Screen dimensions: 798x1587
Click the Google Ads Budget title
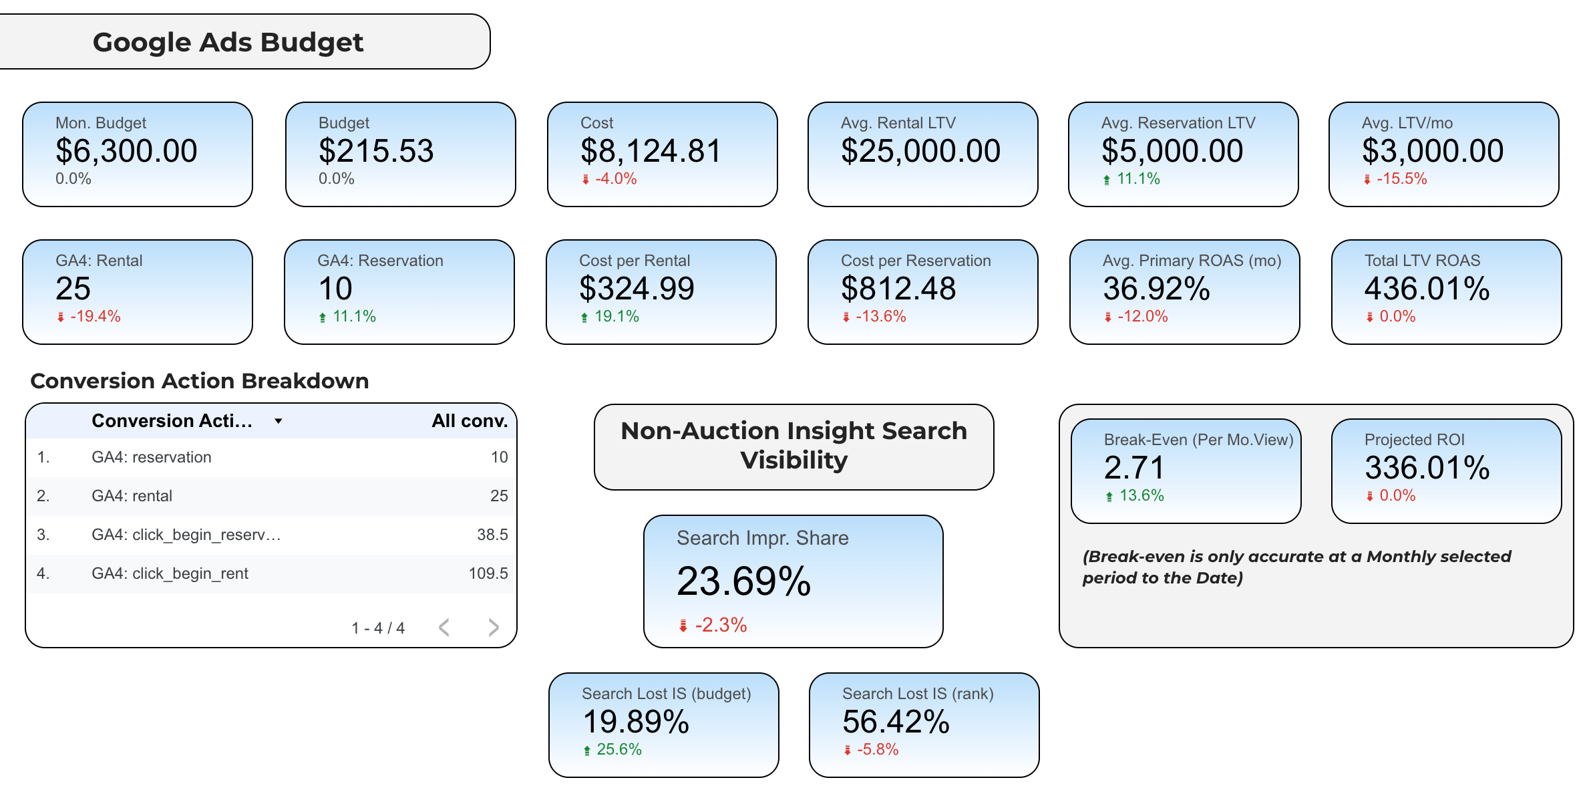(x=228, y=42)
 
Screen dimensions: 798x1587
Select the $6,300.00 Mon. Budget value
(x=126, y=151)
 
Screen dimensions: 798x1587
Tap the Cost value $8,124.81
(x=651, y=151)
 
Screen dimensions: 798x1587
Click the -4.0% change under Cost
(x=615, y=179)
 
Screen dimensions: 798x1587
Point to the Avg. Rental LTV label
(x=898, y=123)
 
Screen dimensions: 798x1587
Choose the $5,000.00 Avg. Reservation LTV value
(x=1172, y=151)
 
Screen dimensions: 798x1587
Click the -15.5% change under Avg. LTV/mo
(x=1401, y=179)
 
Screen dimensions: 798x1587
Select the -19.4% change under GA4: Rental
(x=95, y=317)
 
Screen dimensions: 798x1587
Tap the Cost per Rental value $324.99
(x=637, y=289)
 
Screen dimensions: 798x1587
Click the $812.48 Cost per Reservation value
(x=898, y=289)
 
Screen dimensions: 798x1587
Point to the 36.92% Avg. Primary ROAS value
(x=1156, y=289)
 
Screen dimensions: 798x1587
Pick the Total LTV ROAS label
(x=1422, y=261)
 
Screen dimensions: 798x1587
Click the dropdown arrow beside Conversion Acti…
(x=279, y=421)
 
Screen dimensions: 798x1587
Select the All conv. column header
(x=469, y=421)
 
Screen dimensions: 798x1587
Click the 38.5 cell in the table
(x=492, y=535)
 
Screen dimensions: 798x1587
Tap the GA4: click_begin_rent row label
(x=170, y=573)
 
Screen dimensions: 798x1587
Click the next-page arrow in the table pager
(x=494, y=628)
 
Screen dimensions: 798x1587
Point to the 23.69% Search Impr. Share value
(x=743, y=581)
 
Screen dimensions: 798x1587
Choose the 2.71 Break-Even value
(x=1133, y=468)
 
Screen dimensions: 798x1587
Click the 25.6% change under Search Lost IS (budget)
(x=619, y=750)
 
